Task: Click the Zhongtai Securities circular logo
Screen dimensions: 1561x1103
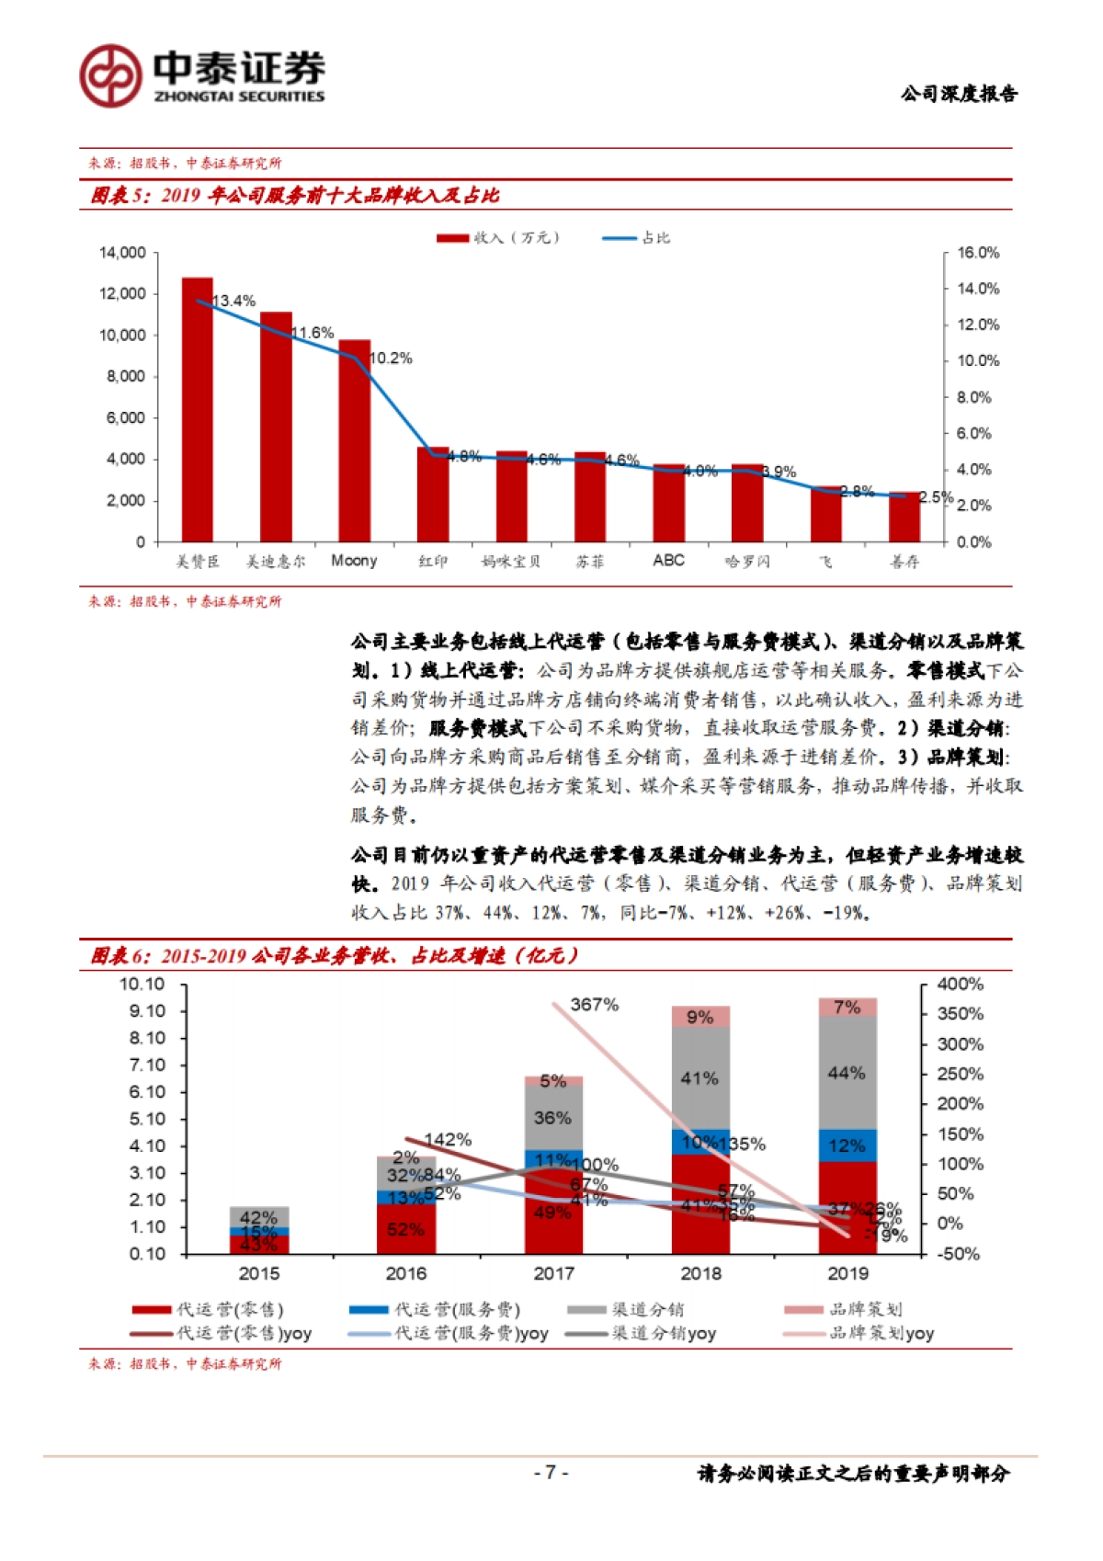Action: click(x=110, y=75)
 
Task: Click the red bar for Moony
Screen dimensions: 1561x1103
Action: click(x=354, y=441)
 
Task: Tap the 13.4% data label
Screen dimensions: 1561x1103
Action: click(x=233, y=302)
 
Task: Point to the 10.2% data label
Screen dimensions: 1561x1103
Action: click(x=391, y=359)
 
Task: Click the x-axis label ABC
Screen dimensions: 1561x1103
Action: click(x=668, y=561)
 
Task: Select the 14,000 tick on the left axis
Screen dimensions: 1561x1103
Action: click(x=122, y=253)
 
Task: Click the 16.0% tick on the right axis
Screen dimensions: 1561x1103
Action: click(x=978, y=253)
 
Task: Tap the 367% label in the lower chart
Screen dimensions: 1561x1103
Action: click(x=594, y=1005)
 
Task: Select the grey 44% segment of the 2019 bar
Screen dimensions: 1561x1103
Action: click(x=847, y=1073)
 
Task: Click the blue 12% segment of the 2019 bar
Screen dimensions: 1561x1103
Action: click(x=847, y=1145)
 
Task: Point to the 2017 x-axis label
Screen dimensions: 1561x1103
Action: click(x=553, y=1273)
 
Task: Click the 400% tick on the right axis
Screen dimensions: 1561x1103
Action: click(x=960, y=985)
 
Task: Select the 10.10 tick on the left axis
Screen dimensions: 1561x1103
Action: click(x=142, y=985)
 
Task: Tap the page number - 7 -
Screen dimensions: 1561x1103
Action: click(x=551, y=1473)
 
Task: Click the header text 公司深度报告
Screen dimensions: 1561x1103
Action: click(x=959, y=94)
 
